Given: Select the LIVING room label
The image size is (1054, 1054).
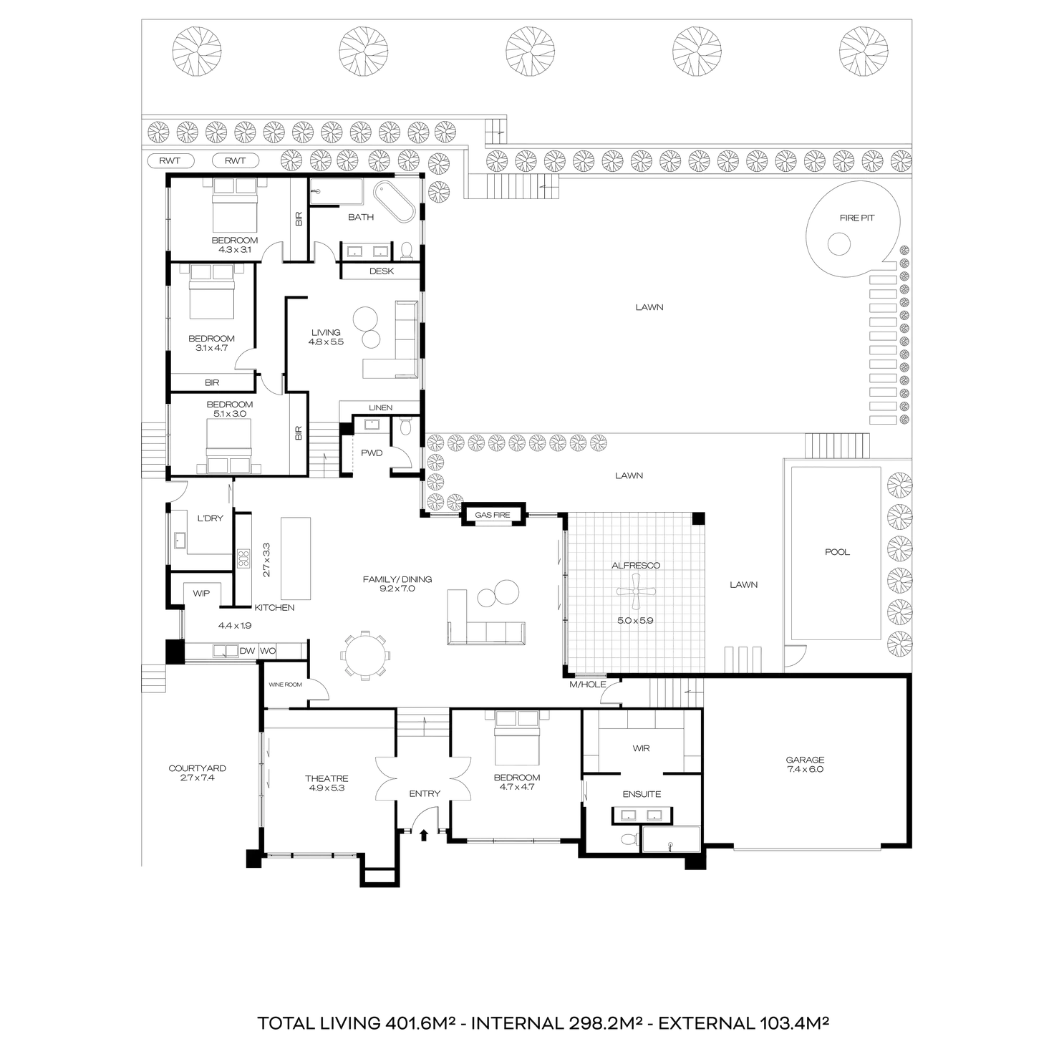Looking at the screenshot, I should point(327,337).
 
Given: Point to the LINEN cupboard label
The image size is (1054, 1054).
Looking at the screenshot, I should point(380,407).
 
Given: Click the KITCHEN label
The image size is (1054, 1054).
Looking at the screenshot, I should point(276,607).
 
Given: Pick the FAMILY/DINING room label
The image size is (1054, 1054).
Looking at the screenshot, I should point(398,584).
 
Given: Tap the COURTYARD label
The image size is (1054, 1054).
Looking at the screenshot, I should point(197,772).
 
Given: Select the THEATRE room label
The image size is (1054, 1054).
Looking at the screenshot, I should point(327,783).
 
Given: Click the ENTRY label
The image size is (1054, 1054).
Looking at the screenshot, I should point(424,793).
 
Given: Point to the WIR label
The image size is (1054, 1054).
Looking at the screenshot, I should point(641,749).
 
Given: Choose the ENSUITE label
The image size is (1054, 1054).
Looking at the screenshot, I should point(642,793).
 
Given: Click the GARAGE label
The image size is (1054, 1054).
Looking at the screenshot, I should point(807,763).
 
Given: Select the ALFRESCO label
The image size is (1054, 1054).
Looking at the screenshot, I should point(637,565).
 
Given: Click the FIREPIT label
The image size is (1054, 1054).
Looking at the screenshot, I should point(856,218).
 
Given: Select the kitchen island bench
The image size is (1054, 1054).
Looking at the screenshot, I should point(296,558).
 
